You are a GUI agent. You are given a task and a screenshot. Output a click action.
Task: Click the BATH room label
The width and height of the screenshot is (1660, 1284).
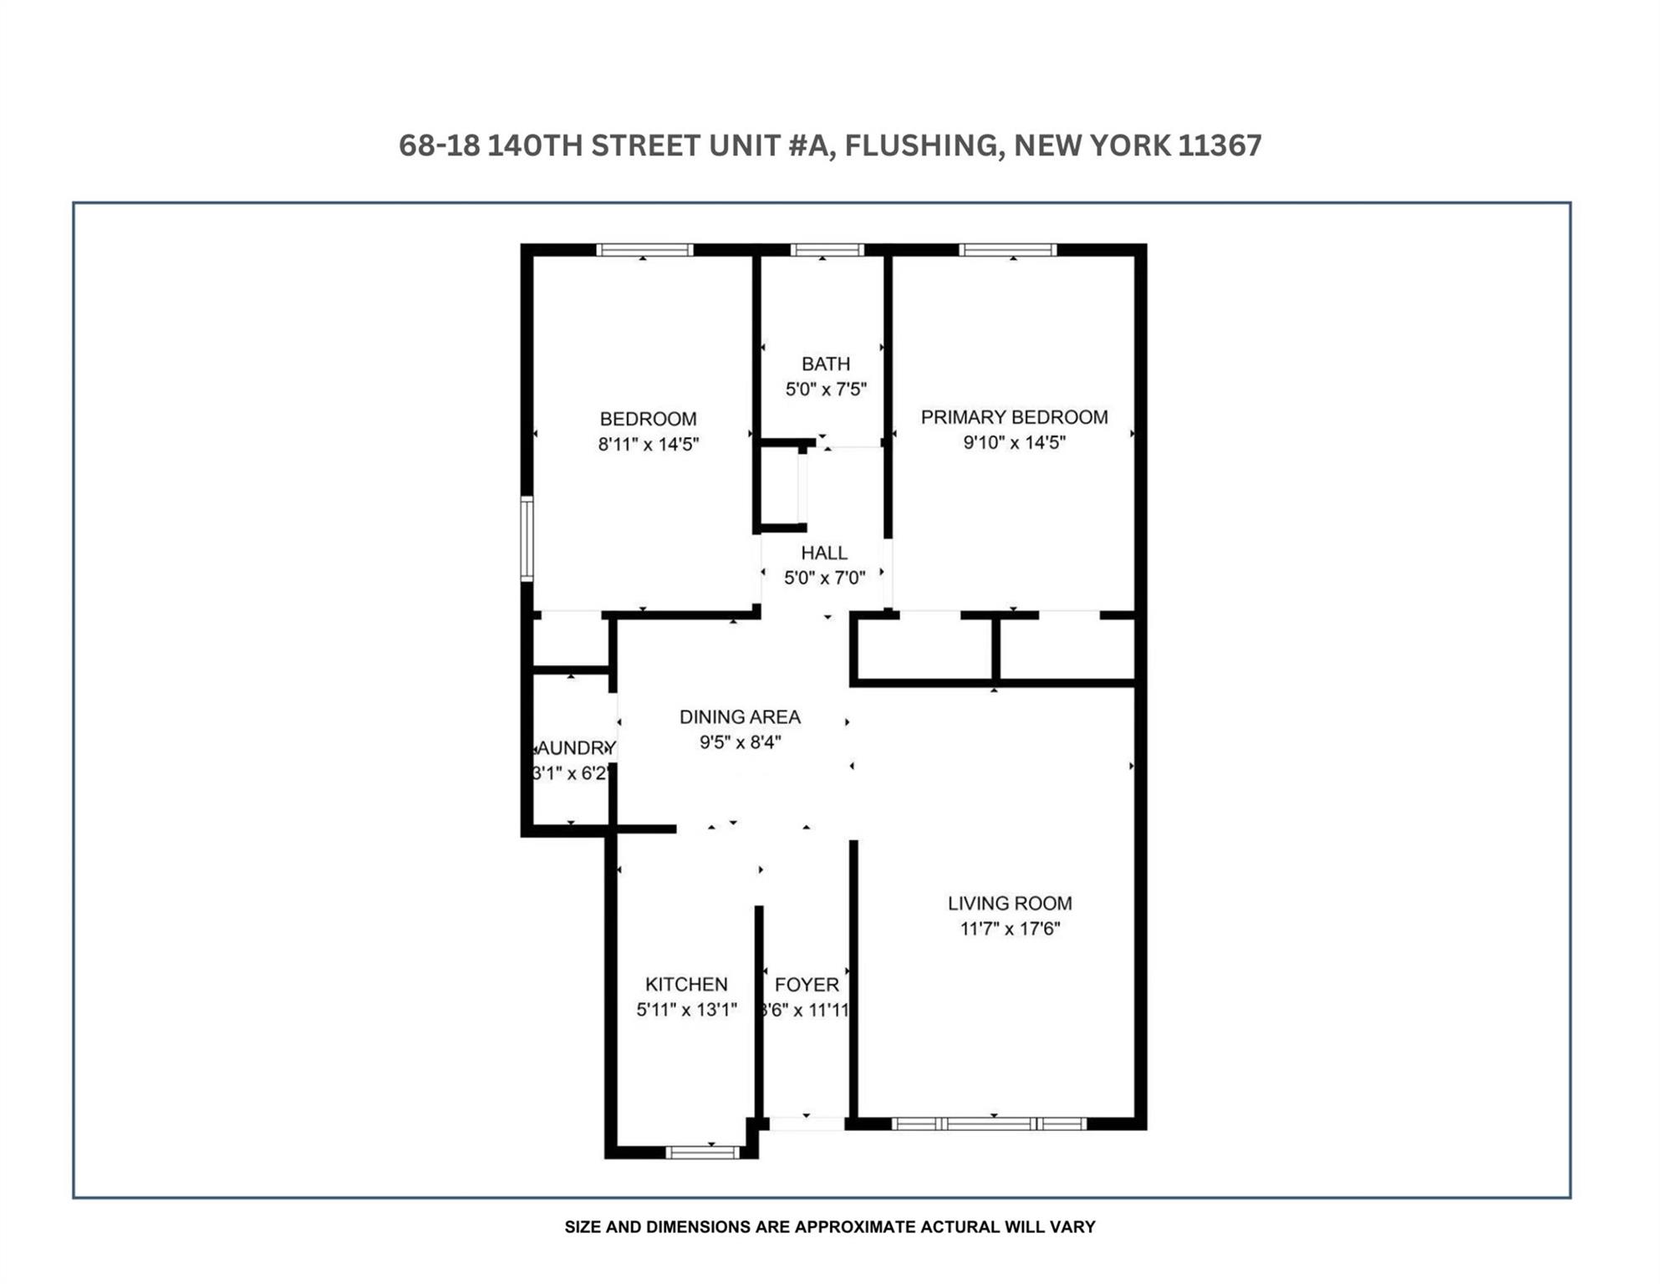tap(825, 364)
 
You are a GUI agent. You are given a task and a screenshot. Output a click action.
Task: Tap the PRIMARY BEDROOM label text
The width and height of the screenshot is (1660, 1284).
tap(1014, 417)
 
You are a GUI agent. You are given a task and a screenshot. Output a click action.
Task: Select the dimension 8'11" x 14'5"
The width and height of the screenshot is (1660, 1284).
tap(648, 444)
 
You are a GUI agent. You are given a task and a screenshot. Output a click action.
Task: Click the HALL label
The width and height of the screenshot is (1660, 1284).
tap(823, 553)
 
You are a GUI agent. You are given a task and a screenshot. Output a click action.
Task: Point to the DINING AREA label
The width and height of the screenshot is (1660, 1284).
tap(740, 716)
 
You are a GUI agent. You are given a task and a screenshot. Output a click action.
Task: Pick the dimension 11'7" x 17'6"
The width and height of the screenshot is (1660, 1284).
tap(1010, 928)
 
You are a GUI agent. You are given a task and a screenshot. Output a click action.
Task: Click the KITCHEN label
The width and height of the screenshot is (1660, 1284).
tap(686, 984)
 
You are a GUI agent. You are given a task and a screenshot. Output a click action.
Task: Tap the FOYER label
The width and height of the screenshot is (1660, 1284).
tap(806, 985)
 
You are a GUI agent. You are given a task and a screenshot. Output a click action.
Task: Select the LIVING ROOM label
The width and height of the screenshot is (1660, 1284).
tap(1010, 903)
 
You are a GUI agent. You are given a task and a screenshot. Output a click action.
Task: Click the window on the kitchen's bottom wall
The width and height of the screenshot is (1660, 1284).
tap(702, 1153)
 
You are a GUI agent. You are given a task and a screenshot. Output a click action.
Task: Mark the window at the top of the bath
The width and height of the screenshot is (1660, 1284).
tap(827, 249)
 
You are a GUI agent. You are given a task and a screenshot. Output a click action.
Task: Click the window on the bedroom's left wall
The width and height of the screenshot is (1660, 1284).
tap(527, 538)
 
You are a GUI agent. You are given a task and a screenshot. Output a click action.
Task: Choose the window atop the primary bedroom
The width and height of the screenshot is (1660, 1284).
tap(1007, 249)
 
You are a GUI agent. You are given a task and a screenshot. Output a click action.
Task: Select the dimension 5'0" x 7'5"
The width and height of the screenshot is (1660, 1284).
tap(825, 389)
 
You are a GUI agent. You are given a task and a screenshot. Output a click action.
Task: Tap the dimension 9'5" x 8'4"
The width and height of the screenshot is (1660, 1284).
tap(740, 741)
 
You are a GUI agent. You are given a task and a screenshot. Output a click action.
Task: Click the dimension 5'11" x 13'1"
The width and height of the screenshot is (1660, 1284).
tap(686, 1009)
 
